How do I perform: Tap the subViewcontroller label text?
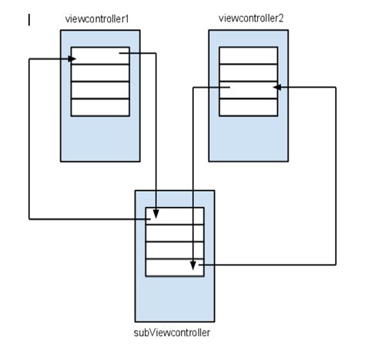coord(172,332)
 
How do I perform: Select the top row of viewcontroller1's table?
coord(100,56)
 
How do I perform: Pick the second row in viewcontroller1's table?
coord(100,73)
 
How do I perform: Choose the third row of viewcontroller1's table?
coord(100,90)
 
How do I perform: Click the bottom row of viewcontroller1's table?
coord(100,107)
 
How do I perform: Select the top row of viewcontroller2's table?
coord(248,55)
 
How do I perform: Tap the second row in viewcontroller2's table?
coord(248,72)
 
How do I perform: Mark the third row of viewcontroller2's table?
coord(248,90)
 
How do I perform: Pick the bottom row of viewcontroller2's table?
coord(248,107)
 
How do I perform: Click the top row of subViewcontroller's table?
coord(175,216)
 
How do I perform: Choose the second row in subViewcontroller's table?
coord(175,233)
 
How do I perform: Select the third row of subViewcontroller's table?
coord(175,251)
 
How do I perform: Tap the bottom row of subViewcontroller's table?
coord(175,268)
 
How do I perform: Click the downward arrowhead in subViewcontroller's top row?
coord(156,212)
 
